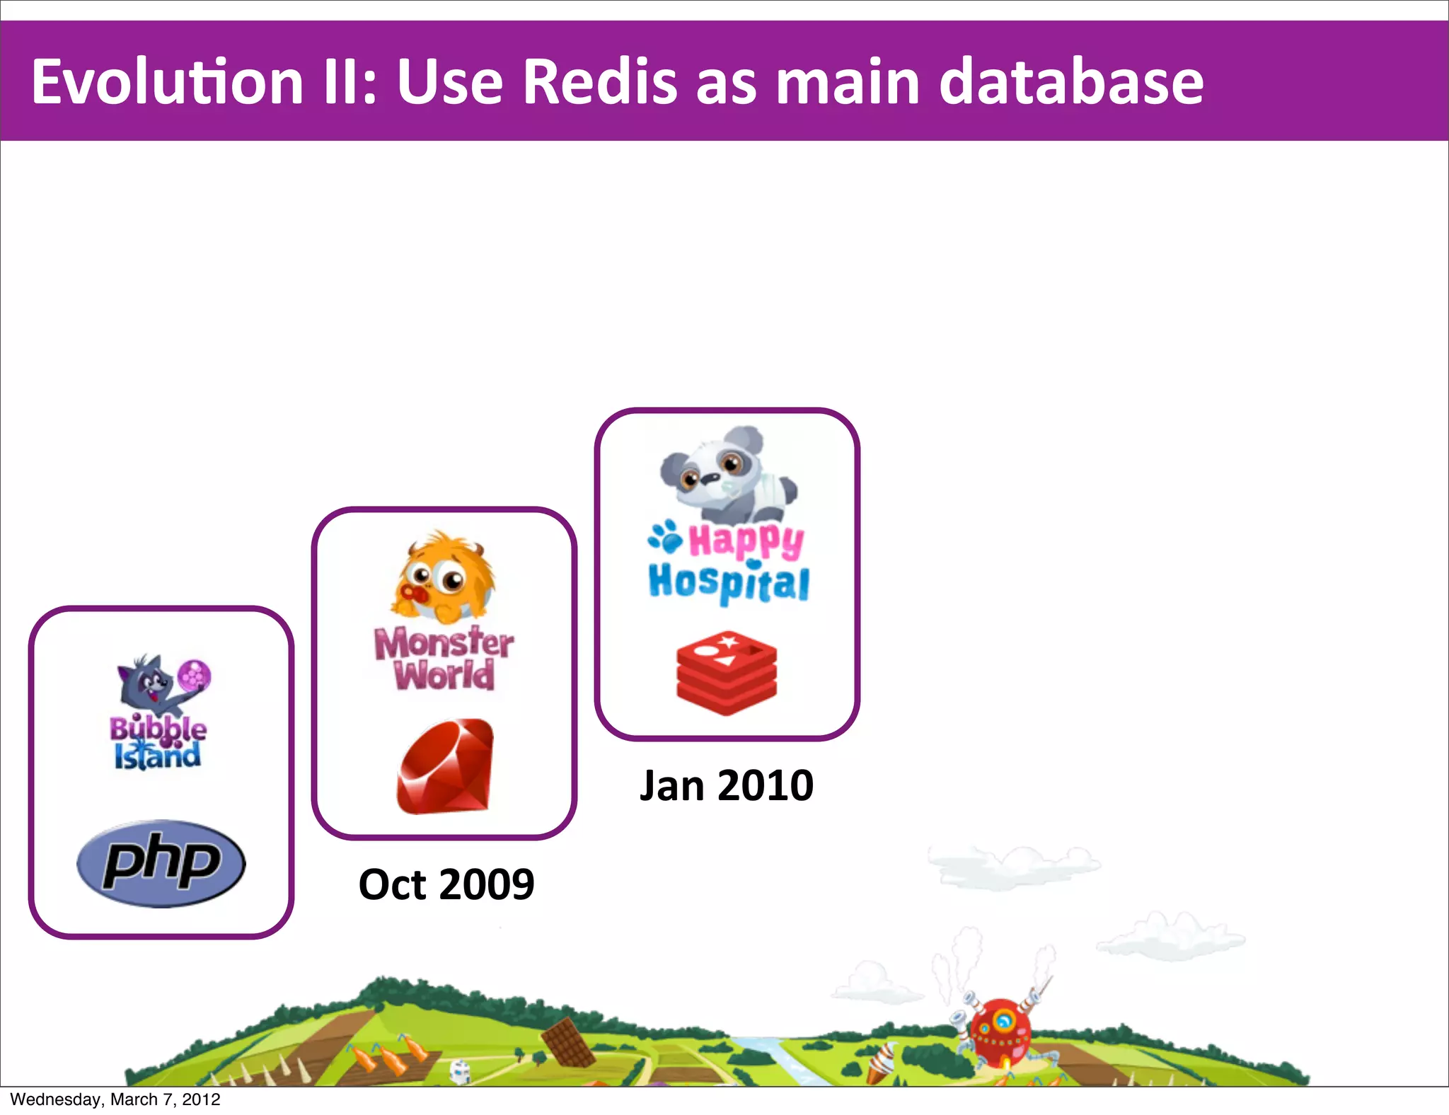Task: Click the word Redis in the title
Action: (600, 82)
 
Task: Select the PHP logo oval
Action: (161, 864)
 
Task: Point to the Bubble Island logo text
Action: (158, 743)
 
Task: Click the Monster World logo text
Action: (444, 659)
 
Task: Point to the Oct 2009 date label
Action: (446, 884)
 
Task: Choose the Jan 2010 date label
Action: (727, 785)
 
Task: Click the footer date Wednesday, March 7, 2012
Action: (115, 1099)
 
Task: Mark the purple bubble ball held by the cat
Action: (194, 674)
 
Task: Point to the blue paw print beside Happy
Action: (665, 537)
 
